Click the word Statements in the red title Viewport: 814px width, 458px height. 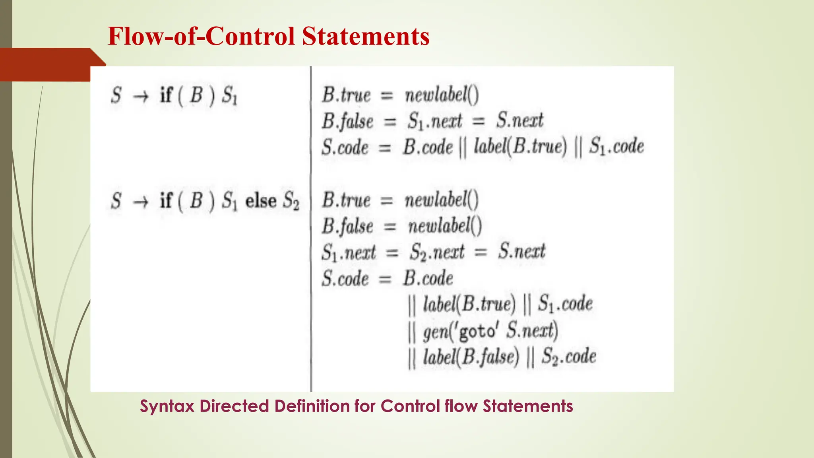[x=365, y=36]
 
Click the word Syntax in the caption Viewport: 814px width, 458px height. [x=167, y=406]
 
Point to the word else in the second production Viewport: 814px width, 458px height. [x=261, y=200]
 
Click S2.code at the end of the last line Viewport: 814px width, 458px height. [x=569, y=356]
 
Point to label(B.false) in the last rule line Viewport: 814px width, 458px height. [x=471, y=356]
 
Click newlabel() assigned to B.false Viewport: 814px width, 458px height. [x=445, y=226]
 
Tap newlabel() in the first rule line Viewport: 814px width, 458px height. [x=442, y=95]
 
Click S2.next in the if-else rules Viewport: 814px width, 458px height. [x=437, y=252]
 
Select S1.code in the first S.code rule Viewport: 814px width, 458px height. [x=616, y=146]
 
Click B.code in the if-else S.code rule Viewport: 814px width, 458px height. [x=428, y=278]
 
